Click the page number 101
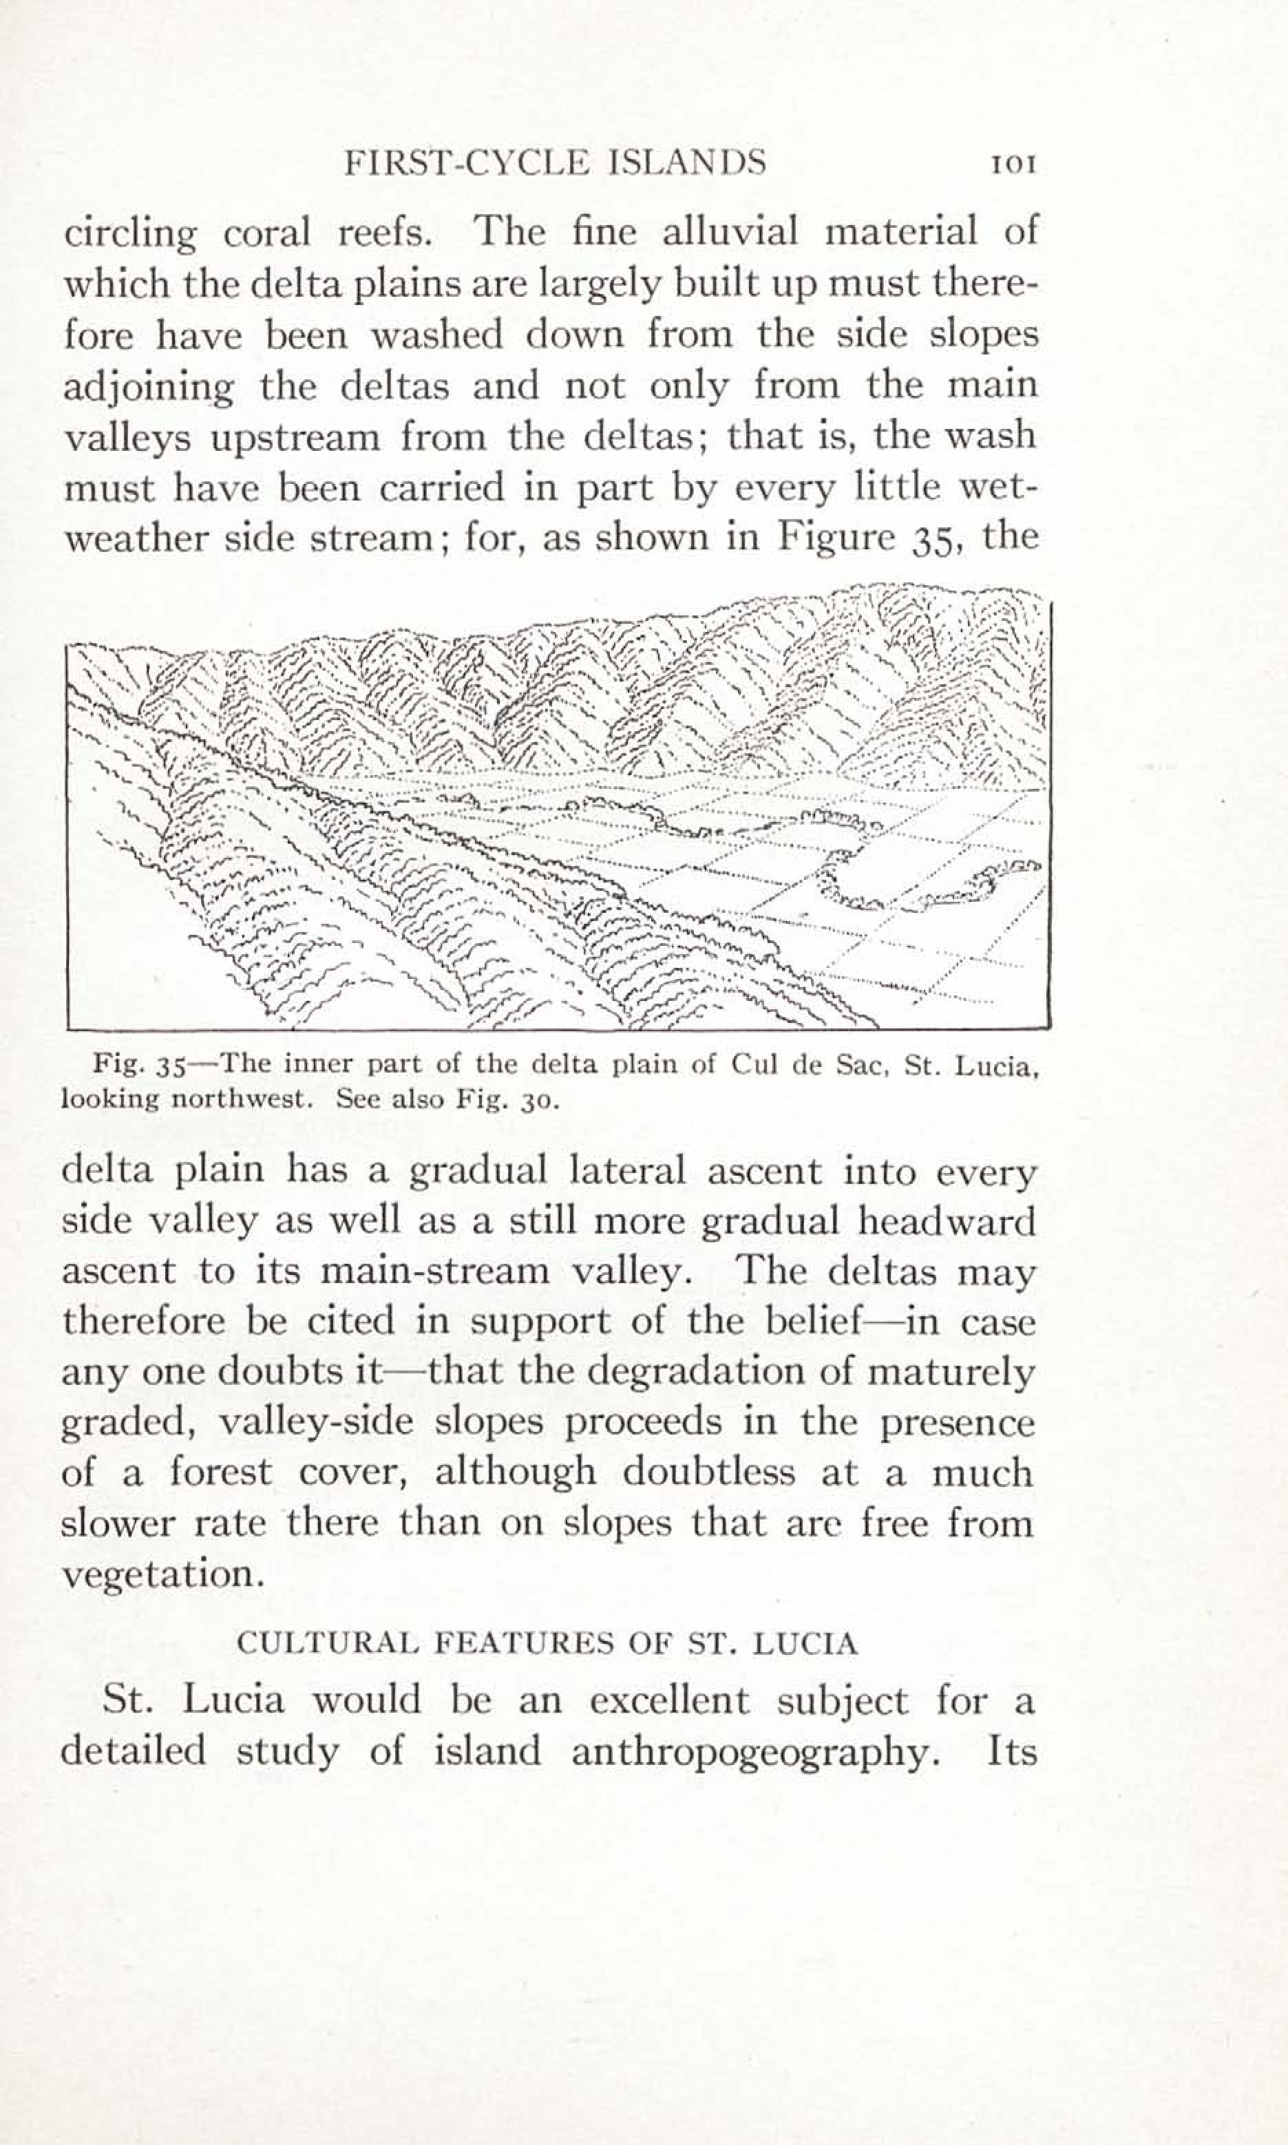pyautogui.click(x=1012, y=164)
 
